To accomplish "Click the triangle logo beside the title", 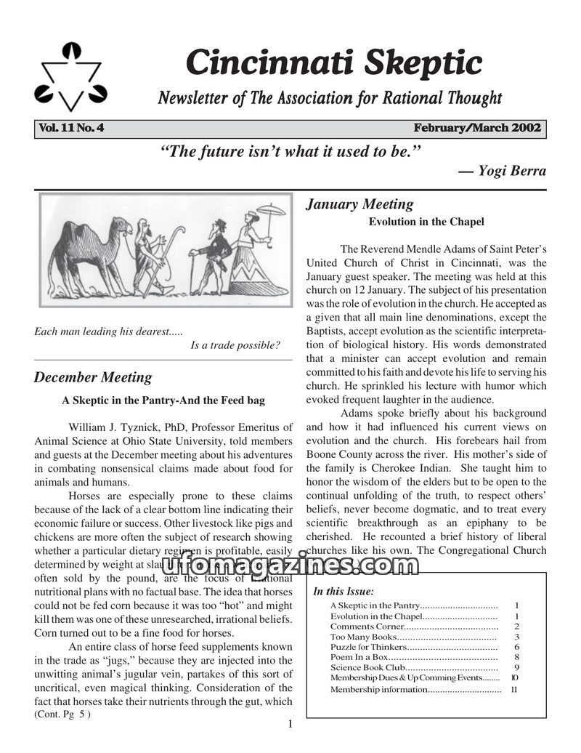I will (x=70, y=78).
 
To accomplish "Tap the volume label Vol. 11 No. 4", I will (x=72, y=129).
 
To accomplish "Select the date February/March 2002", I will (x=477, y=129).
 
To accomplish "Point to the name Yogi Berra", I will (x=512, y=172).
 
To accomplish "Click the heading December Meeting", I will (x=93, y=377).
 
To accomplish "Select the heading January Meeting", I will (x=359, y=204).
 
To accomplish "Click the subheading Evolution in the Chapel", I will (x=426, y=222).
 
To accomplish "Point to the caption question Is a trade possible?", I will (x=235, y=345).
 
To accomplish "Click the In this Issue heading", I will (x=344, y=591).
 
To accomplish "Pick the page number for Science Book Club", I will (x=516, y=667).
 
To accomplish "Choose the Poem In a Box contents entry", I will (x=359, y=657).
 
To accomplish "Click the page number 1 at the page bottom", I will (x=290, y=724).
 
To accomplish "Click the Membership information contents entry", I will (x=378, y=689).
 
